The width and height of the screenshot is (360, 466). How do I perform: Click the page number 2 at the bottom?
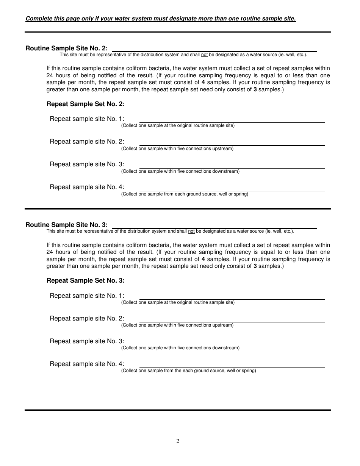(178, 441)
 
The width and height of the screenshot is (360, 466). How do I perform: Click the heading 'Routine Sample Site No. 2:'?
(66, 48)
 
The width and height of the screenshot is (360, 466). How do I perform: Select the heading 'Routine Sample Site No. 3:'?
(66, 225)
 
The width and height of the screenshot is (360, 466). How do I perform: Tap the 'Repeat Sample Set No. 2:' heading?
(85, 104)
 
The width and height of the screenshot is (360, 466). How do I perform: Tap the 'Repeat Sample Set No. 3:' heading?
(85, 280)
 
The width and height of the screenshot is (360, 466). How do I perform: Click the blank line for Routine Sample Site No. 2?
(214, 50)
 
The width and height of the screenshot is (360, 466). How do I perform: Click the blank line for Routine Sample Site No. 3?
(214, 227)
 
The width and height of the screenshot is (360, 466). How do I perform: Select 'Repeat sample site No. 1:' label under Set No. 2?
(87, 119)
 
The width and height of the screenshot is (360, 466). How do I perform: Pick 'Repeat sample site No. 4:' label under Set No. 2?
(87, 187)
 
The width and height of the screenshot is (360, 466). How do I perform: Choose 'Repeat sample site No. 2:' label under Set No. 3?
(87, 318)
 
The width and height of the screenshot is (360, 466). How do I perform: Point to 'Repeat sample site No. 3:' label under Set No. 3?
(87, 341)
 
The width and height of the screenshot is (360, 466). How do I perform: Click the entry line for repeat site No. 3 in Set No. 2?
(232, 167)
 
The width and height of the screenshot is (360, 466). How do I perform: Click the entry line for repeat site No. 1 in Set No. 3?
(232, 298)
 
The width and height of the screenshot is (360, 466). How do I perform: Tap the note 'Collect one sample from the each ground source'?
(188, 371)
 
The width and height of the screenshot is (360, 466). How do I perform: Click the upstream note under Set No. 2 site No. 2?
(177, 149)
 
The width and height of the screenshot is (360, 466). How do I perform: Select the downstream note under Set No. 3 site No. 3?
(180, 348)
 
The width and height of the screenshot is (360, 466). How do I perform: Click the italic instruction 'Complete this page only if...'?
(160, 19)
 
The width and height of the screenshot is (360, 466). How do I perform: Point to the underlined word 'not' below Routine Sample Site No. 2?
(204, 55)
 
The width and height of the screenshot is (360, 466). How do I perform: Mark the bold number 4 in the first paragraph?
(203, 82)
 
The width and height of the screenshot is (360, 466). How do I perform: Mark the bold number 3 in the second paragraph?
(255, 266)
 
